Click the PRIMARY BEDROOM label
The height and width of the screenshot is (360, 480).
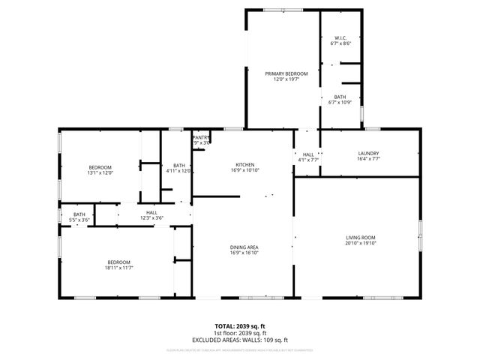281,73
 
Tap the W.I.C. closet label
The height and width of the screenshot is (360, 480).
340,38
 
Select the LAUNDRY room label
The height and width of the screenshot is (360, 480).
368,153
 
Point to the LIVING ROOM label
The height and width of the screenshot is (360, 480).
359,237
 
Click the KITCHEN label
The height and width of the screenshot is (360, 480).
245,165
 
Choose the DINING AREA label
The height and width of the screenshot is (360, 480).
245,247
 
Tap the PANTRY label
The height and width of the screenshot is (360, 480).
201,137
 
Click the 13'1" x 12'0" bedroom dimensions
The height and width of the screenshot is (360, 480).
100,172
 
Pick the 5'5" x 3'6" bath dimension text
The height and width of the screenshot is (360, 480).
79,220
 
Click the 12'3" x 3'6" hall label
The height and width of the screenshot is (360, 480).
151,218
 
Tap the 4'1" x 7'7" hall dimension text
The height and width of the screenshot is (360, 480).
308,159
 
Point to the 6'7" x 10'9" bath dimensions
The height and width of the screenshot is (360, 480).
340,103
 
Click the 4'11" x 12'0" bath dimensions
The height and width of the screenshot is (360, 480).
179,171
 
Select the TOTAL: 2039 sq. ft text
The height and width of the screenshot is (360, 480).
240,327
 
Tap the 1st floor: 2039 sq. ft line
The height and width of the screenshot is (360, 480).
240,333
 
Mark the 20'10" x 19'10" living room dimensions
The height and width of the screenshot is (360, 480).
359,243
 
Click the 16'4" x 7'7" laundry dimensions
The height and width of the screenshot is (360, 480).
368,159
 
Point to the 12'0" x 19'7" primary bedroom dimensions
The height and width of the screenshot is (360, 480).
281,79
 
